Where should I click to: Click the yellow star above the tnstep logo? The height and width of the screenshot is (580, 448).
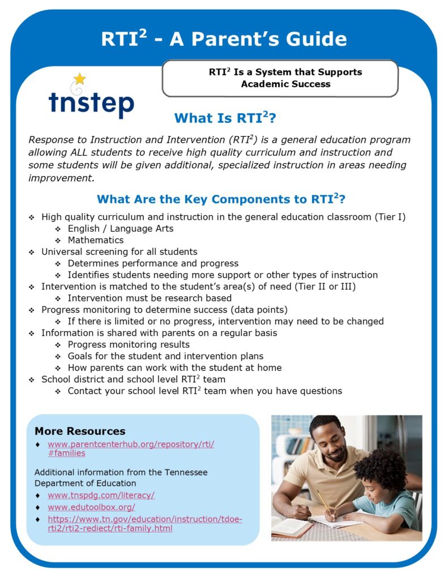[80, 79]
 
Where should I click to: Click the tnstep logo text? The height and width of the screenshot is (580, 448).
[91, 104]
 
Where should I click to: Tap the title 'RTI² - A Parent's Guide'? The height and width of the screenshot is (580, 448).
[224, 39]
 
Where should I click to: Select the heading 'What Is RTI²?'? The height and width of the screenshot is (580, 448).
[225, 118]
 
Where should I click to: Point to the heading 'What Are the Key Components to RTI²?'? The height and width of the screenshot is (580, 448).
[221, 199]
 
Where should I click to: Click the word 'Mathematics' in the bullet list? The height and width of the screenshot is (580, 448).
[96, 240]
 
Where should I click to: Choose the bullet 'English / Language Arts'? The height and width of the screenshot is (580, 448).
[120, 229]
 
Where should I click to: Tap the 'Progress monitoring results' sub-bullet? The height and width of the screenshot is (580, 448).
[129, 344]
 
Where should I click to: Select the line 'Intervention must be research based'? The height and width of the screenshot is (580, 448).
[150, 298]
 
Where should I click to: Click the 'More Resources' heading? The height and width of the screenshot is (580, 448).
[80, 431]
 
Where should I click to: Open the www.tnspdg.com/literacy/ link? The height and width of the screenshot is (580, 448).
[101, 495]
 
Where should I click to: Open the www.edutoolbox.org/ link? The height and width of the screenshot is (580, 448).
[91, 507]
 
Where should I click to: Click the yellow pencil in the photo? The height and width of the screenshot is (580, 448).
[323, 501]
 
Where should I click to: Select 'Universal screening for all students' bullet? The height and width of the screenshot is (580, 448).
[119, 251]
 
